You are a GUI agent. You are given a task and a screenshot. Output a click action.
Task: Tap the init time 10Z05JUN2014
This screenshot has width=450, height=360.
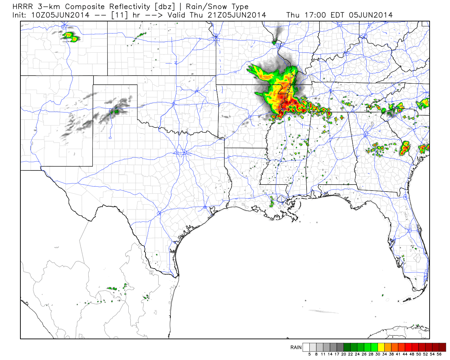coord(60,15)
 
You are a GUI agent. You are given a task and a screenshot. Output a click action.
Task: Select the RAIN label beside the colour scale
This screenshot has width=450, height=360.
coord(296,347)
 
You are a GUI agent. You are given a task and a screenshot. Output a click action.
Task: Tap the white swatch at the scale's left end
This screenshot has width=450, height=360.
coord(306,347)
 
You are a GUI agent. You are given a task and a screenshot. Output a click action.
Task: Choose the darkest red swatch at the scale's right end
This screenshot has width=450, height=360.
coord(443,347)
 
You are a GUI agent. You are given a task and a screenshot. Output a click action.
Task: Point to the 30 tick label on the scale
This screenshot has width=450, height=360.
coord(378,354)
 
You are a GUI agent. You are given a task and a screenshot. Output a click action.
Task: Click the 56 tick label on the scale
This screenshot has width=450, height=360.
coord(439,354)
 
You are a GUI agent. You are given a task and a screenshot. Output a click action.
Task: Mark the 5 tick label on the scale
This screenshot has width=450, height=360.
coord(309,354)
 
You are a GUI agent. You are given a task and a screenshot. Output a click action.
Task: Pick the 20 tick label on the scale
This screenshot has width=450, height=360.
coord(343,354)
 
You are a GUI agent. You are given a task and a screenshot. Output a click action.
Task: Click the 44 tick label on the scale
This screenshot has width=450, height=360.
coord(405,354)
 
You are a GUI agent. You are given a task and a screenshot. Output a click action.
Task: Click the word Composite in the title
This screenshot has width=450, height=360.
coord(85,7)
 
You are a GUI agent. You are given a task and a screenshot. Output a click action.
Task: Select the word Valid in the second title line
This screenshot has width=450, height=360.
coord(177,15)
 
